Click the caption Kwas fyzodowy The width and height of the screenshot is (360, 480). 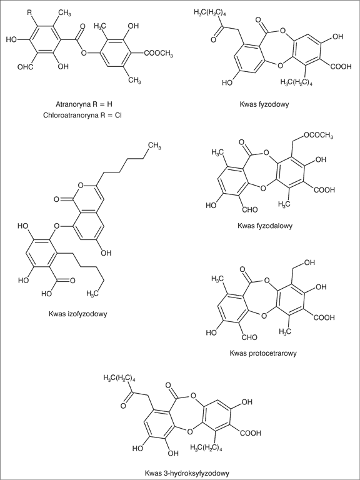pos(265,104)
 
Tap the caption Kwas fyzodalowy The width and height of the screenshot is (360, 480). pos(266,226)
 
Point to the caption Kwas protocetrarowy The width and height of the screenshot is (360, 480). pos(263,354)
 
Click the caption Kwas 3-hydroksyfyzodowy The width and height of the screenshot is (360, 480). pos(187,473)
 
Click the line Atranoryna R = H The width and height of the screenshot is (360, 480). pos(84,104)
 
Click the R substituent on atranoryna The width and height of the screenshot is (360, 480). pos(29,13)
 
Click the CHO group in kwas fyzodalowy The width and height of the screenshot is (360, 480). pos(249,210)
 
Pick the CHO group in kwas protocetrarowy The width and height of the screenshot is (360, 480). pos(249,337)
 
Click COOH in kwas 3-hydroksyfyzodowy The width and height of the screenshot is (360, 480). pos(251,433)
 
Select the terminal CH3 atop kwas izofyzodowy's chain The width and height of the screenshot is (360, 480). pos(155,147)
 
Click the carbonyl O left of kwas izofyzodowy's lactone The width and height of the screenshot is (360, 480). pos(56,200)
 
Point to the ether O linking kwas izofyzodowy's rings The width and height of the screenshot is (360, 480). pos(56,227)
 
